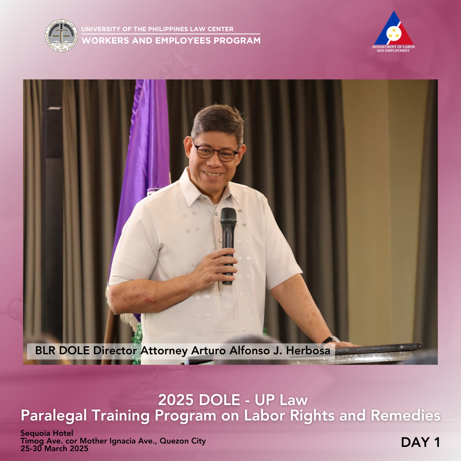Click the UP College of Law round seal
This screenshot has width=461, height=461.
pos(61,35)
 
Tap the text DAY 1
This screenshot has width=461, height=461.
pos(420,442)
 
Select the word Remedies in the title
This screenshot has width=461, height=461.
pos(406,416)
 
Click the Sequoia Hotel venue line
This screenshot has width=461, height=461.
pos(47,433)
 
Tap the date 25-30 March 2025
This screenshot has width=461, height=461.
pos(54,449)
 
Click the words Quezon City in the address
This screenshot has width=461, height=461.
pos(183,441)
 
